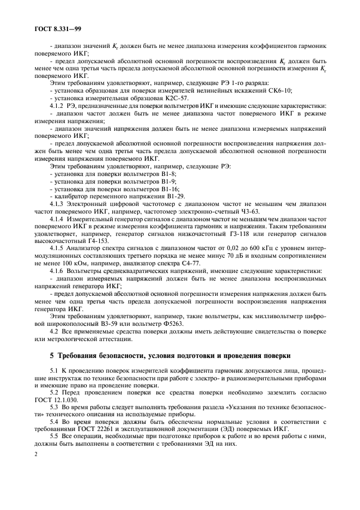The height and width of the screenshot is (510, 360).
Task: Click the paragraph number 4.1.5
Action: coord(58,254)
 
